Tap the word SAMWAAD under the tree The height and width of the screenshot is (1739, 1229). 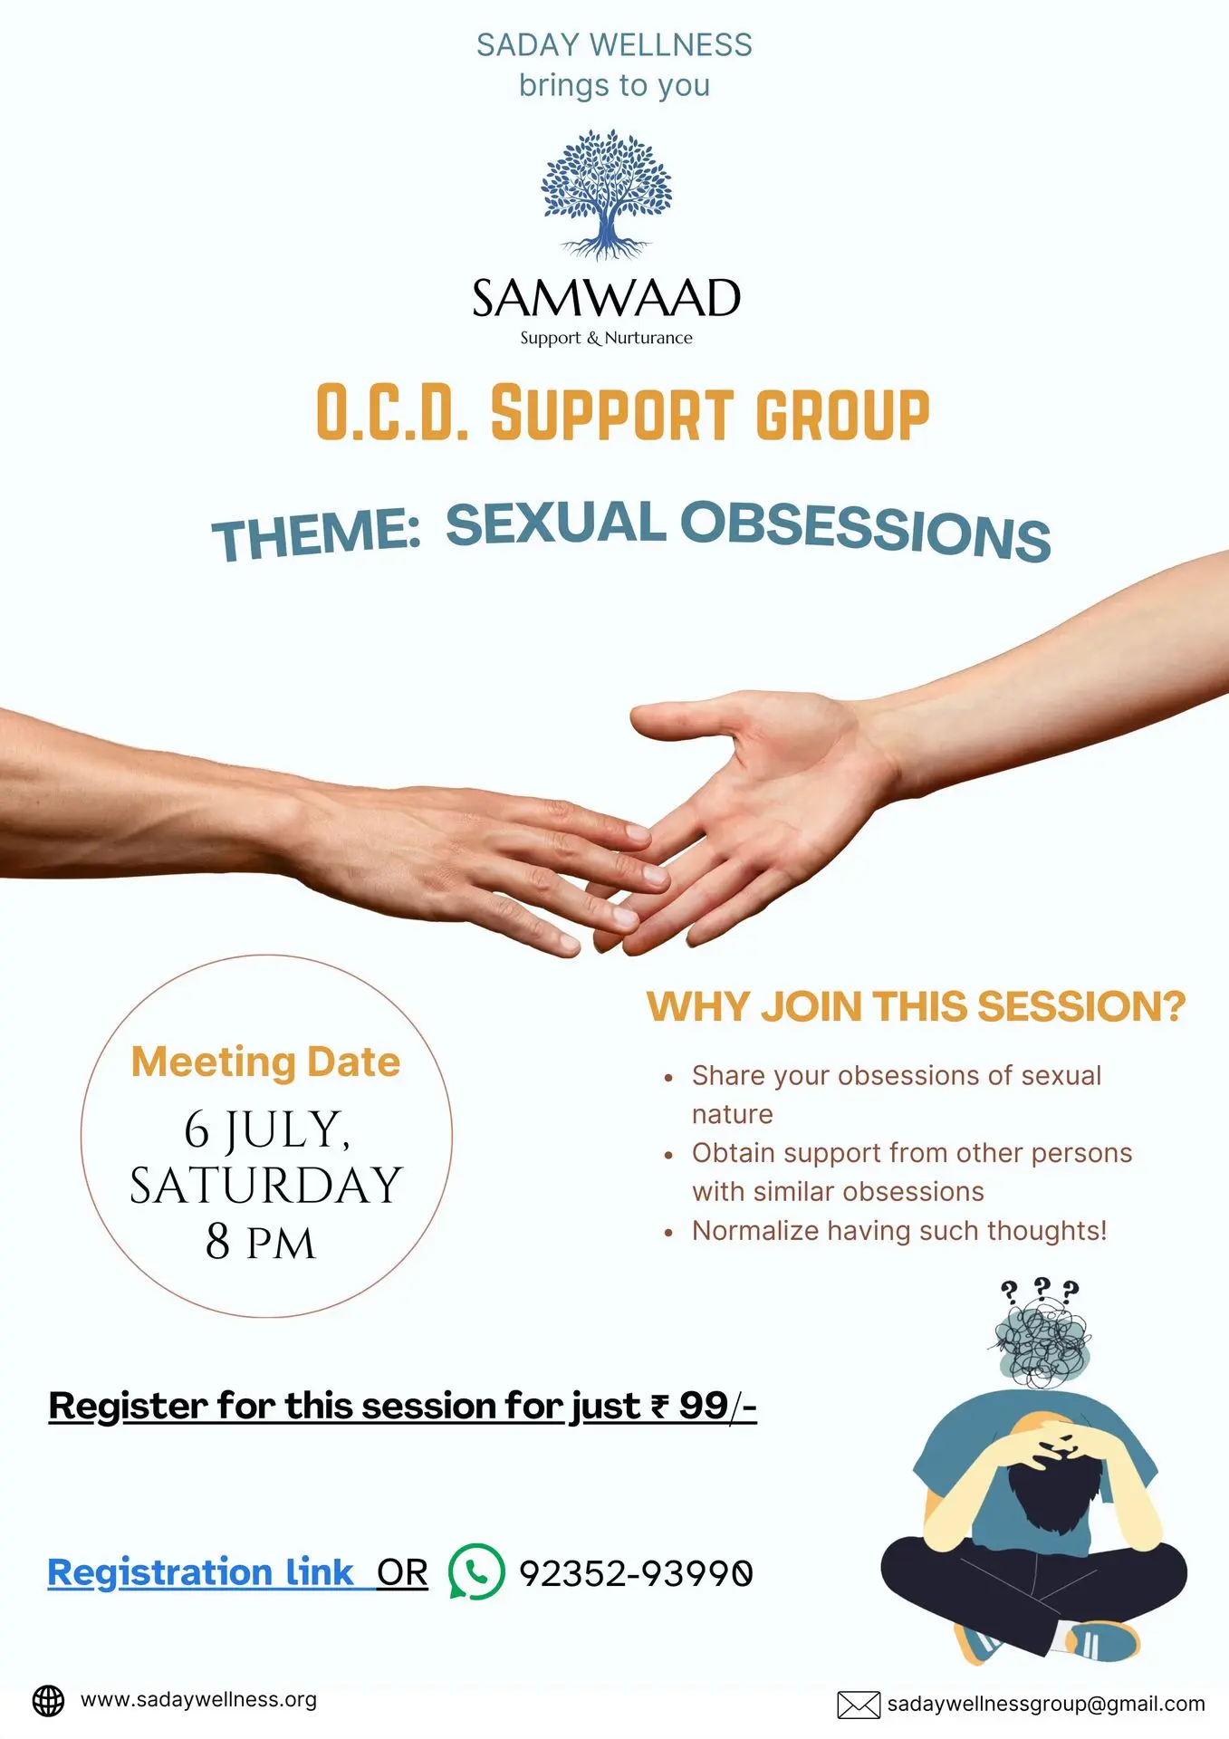(x=607, y=298)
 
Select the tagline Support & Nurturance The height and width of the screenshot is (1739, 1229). (x=606, y=338)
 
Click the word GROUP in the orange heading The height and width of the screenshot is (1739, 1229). (x=842, y=415)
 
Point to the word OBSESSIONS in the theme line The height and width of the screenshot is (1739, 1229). (x=866, y=530)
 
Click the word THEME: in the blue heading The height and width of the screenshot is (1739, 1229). (x=316, y=534)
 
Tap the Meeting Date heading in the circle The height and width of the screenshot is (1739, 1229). (x=265, y=1062)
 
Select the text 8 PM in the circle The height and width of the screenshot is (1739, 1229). (x=261, y=1242)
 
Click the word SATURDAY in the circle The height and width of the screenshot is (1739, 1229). (x=265, y=1186)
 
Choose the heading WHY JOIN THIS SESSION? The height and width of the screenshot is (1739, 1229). (x=916, y=1006)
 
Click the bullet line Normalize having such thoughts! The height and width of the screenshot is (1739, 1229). (x=899, y=1231)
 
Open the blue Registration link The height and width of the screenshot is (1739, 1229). (x=200, y=1572)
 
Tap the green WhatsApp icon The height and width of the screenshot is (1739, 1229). (x=476, y=1571)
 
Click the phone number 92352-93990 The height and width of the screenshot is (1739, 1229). (x=636, y=1573)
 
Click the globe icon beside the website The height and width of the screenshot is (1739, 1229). (x=49, y=1701)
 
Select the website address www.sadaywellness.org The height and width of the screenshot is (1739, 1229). (x=199, y=1700)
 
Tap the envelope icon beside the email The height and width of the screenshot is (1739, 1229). (x=859, y=1705)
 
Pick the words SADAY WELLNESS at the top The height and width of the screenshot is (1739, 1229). (x=614, y=45)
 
